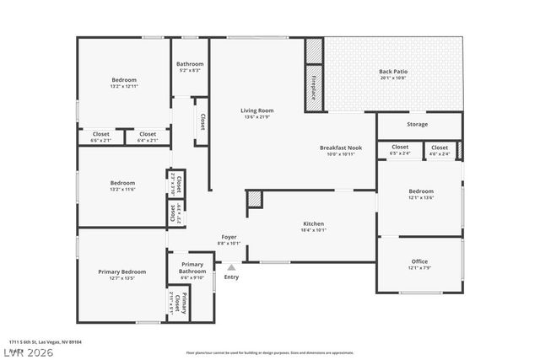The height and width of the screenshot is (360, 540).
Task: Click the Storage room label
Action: tap(417, 124)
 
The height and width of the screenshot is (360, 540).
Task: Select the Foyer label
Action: tap(230, 239)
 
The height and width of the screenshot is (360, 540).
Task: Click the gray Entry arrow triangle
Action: tap(231, 267)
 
